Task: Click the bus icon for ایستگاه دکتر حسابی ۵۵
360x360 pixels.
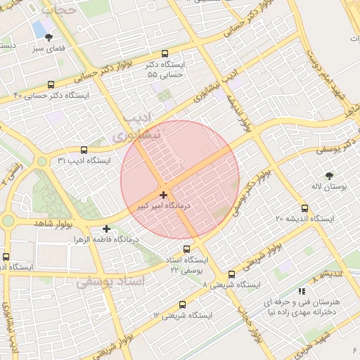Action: coord(165,53)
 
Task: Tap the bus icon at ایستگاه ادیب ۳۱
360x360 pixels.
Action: coord(84,150)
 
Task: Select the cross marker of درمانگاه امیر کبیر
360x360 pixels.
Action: coord(163,195)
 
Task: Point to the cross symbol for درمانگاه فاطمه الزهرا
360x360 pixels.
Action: coord(106,229)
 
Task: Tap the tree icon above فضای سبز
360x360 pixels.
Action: coord(49,38)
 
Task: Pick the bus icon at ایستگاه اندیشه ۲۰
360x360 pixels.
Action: coord(304,208)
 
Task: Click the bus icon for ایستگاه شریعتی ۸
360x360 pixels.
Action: coord(231,274)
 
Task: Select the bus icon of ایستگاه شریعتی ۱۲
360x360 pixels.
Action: coord(183,304)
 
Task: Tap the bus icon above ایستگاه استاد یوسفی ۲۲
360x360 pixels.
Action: coord(186,248)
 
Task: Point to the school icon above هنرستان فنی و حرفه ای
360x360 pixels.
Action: coord(302,290)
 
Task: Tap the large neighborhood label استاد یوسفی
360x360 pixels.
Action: coord(109,282)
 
